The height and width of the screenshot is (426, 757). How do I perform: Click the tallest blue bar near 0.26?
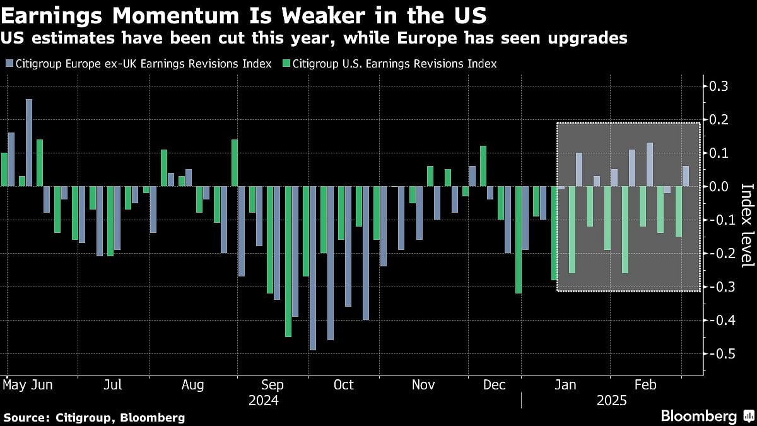28,143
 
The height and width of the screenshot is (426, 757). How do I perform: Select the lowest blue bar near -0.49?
312,268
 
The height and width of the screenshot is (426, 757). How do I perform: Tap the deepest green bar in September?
288,261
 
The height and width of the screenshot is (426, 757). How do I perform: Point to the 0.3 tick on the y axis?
720,86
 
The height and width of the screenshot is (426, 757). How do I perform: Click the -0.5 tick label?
719,353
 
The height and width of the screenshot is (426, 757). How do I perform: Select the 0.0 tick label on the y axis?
720,186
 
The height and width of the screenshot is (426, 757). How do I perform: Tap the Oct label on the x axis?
344,385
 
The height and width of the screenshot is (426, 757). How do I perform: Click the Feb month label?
645,385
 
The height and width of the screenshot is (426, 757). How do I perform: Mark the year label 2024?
264,401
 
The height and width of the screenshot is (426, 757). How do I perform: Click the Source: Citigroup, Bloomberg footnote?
94,417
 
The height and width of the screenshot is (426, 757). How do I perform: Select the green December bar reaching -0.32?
519,240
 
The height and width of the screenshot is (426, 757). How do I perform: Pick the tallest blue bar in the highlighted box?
650,164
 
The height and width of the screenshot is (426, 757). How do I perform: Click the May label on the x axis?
14,385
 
